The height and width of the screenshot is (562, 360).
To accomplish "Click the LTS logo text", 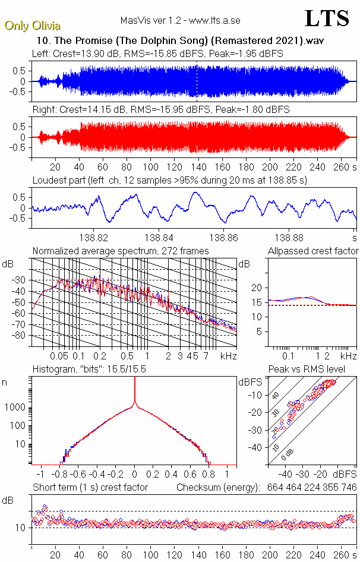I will [x=327, y=19].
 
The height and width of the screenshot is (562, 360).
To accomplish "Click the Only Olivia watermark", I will [x=32, y=26].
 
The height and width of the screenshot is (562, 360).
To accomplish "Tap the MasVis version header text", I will [x=180, y=20].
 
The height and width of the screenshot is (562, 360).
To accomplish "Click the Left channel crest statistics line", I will [x=157, y=53].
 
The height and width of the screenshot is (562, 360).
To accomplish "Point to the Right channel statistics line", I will [x=161, y=110].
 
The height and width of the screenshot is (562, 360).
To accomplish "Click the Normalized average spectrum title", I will [x=121, y=251].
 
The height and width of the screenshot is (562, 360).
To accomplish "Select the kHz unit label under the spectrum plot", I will [x=229, y=356].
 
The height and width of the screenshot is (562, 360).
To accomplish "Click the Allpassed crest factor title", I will [x=313, y=251].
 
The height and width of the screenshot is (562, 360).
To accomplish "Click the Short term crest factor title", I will [x=90, y=487].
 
